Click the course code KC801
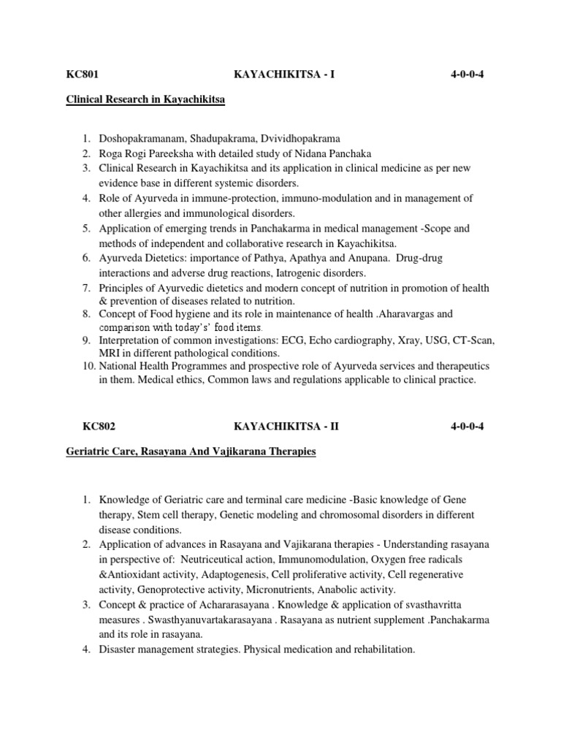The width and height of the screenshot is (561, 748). [81, 75]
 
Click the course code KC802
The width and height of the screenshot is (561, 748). [81, 425]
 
